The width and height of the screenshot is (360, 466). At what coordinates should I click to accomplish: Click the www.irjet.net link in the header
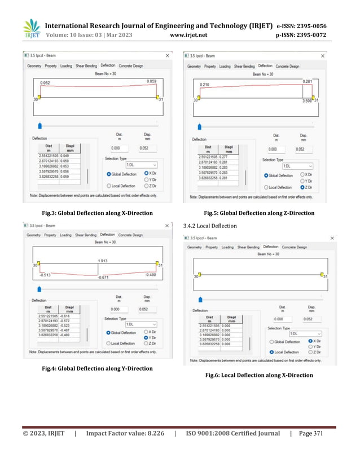click(x=188, y=35)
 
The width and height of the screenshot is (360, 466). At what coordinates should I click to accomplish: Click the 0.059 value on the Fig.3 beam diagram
click(x=151, y=81)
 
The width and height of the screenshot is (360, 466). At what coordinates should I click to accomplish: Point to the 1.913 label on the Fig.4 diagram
click(x=103, y=261)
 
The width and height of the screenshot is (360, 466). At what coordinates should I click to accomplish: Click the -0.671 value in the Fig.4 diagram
click(x=103, y=278)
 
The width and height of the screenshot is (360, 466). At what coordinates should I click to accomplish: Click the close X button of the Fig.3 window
click(x=167, y=56)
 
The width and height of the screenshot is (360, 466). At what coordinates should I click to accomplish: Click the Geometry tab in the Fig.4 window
click(x=33, y=235)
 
